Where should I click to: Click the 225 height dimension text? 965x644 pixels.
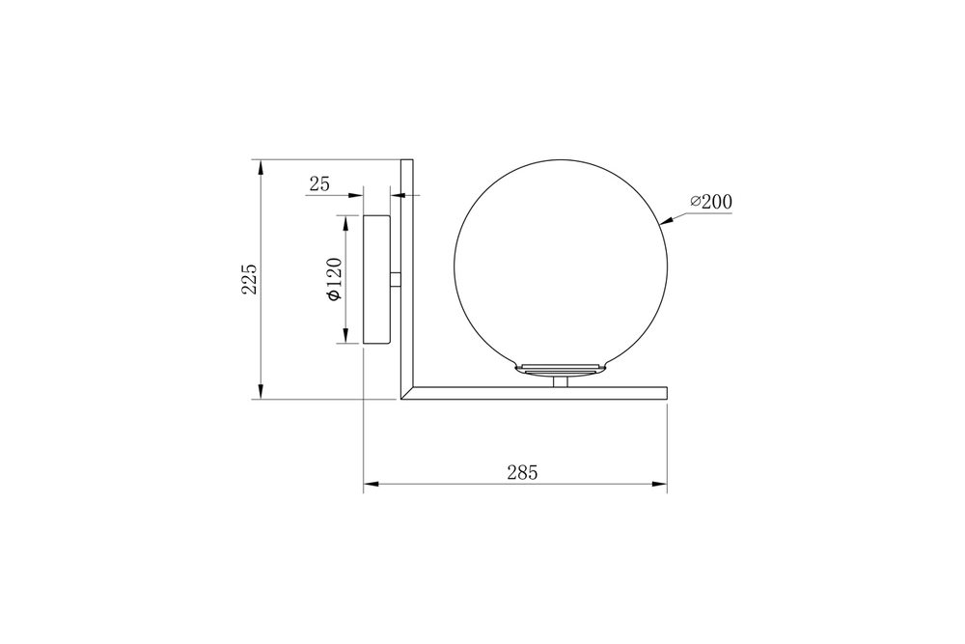(x=249, y=279)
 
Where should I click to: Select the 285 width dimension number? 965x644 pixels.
(x=521, y=472)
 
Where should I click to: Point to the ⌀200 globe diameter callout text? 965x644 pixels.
(x=711, y=202)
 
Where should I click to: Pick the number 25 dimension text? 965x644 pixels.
(x=319, y=183)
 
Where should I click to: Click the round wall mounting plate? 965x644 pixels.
(x=376, y=279)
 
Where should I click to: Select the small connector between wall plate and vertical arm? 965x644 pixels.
(x=396, y=279)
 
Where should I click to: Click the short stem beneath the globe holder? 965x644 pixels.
(x=560, y=381)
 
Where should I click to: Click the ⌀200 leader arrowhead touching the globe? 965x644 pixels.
(x=664, y=224)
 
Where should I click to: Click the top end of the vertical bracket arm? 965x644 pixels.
(x=406, y=161)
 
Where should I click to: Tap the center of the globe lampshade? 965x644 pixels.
(x=560, y=265)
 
